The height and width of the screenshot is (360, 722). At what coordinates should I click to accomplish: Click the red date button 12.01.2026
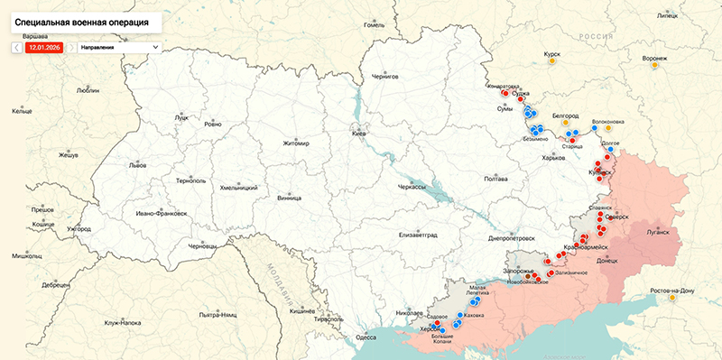click(44, 46)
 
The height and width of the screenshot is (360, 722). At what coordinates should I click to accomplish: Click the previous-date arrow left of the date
click(17, 46)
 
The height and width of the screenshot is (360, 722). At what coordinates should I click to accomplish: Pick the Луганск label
click(658, 232)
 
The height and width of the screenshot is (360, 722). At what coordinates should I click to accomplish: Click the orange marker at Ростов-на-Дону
click(672, 299)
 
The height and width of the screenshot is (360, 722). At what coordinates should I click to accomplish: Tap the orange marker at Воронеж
click(655, 66)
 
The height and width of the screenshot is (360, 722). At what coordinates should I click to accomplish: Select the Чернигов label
click(385, 78)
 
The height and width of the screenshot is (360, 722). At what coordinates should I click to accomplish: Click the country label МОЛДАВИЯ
click(273, 284)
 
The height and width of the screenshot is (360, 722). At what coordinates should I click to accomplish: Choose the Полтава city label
click(496, 179)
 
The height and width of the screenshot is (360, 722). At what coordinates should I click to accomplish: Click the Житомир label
click(296, 143)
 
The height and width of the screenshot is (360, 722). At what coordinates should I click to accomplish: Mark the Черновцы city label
click(202, 246)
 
